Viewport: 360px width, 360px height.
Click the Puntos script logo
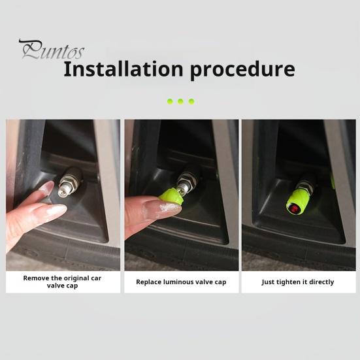51,50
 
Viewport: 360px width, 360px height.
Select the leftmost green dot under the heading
170,101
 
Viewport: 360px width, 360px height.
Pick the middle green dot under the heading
180,101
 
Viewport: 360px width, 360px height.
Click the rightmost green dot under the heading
191,101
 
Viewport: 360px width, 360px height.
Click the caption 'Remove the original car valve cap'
62,282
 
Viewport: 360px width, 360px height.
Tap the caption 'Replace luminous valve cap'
181,282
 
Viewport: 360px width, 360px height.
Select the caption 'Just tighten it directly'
297,282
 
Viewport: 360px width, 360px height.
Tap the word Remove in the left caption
36,278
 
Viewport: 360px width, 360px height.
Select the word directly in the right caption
322,282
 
